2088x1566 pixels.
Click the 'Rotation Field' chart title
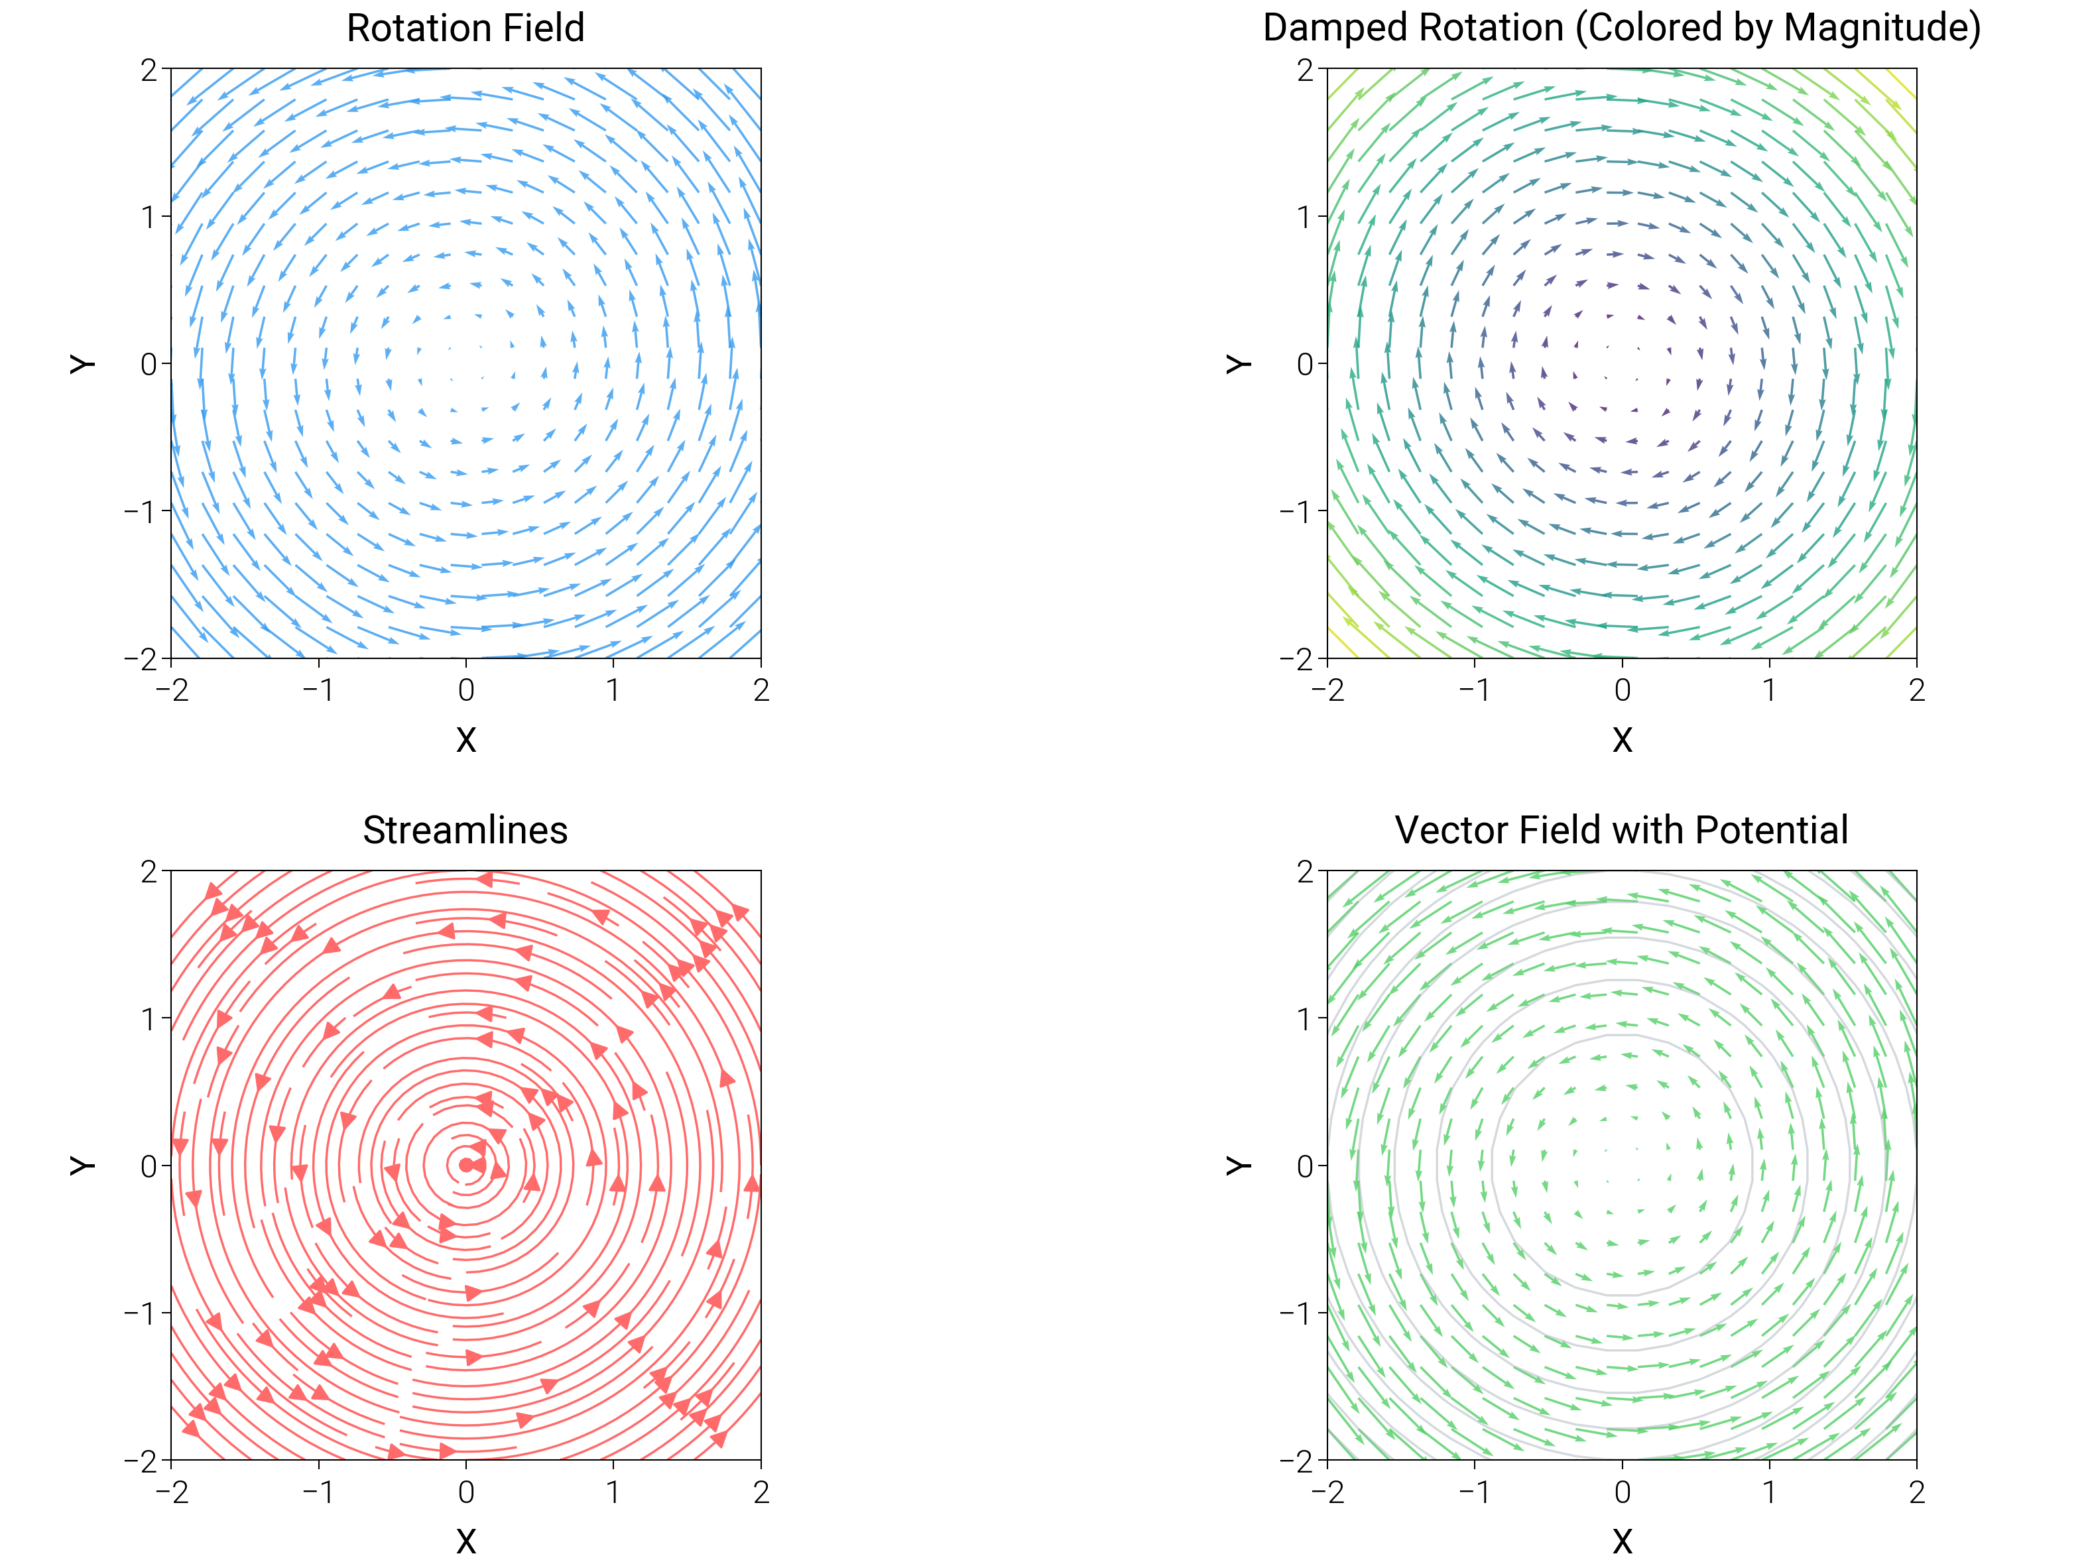(465, 29)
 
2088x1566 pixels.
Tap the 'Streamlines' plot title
(465, 831)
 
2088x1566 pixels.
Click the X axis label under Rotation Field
(465, 740)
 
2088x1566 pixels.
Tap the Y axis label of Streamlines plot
(83, 1165)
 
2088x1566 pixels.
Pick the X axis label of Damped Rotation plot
(1622, 740)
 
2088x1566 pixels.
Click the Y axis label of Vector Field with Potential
(1239, 1165)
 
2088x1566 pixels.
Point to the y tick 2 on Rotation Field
(149, 70)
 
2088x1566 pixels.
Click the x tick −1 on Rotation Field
(318, 691)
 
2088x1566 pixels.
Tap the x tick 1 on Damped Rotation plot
(1769, 691)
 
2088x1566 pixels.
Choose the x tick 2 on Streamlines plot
(761, 1493)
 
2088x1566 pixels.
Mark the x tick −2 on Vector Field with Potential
(1327, 1493)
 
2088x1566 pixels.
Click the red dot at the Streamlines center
(465, 1165)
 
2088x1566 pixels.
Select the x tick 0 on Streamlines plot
(465, 1493)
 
